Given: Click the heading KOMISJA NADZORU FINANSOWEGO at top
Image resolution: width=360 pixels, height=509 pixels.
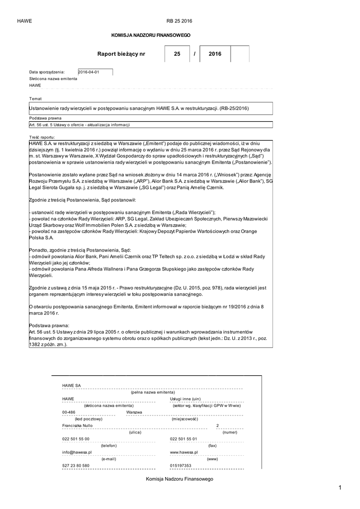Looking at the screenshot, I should (151, 35).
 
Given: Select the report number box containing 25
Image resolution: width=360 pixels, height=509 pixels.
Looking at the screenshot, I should (178, 54).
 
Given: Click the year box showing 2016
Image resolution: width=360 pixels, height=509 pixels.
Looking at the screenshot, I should (215, 54).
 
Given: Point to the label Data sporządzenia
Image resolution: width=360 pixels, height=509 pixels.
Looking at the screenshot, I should (47, 72).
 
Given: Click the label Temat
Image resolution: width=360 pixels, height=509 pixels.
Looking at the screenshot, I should (35, 98).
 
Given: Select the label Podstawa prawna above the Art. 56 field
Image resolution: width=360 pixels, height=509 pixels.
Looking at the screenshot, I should (45, 118).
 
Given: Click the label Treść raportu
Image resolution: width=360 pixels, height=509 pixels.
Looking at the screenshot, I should (42, 136).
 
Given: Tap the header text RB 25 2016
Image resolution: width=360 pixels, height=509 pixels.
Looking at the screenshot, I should (179, 21).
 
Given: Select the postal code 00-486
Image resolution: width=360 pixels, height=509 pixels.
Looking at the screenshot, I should (69, 413).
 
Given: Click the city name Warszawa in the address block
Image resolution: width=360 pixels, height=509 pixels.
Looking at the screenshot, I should (134, 413).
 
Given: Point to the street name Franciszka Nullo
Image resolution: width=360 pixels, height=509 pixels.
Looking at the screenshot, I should (77, 426).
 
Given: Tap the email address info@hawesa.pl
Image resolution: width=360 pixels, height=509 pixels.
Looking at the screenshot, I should (77, 452).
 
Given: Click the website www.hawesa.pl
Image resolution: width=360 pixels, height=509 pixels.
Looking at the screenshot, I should (184, 452).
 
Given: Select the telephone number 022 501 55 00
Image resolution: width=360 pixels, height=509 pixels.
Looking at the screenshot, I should (76, 439).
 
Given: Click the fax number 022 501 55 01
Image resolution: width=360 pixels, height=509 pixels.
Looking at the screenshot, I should (183, 439).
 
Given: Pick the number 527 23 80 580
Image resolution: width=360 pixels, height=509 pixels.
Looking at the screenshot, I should (76, 465).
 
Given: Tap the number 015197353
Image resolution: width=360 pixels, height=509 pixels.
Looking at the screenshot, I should (180, 465).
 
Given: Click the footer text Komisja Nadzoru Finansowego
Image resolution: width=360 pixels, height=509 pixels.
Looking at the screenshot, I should (180, 479).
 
